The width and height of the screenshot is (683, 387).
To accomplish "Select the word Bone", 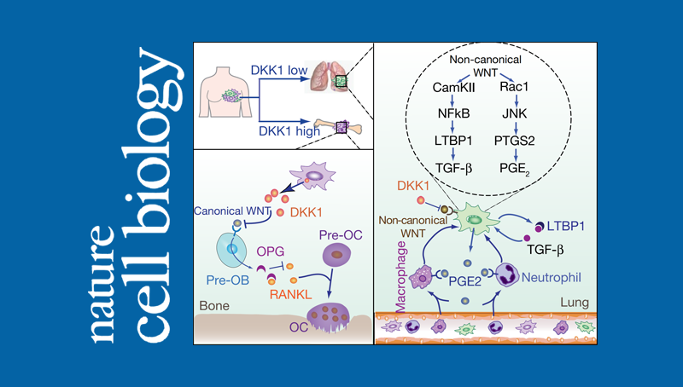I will (x=213, y=304).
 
